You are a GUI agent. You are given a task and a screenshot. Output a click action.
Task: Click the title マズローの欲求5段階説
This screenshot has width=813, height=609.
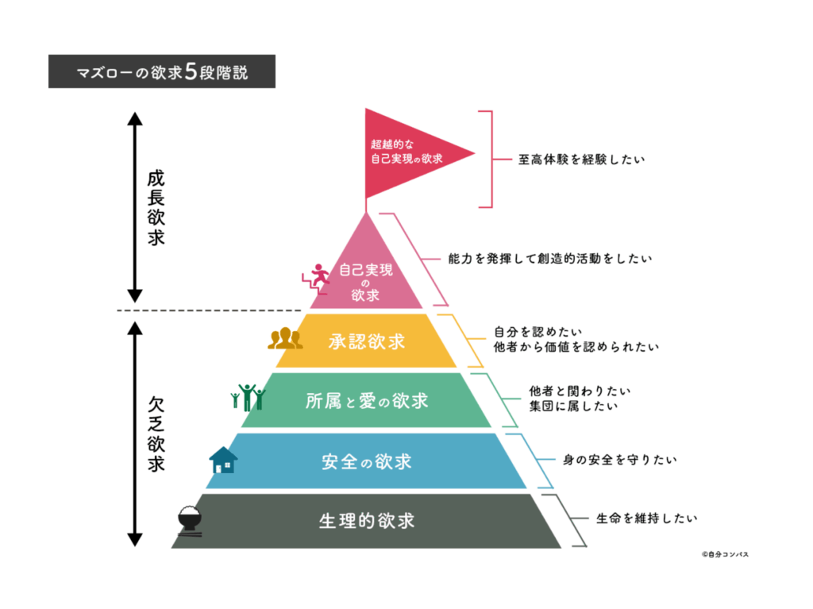point(162,71)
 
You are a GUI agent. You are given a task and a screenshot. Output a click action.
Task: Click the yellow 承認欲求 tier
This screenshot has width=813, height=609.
point(367,341)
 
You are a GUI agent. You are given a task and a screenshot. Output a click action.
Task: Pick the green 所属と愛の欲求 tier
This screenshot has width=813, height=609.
point(367,401)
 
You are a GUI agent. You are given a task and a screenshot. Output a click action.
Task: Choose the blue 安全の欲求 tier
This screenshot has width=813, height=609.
point(367,461)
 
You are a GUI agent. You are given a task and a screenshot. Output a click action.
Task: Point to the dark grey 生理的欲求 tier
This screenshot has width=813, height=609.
point(367,521)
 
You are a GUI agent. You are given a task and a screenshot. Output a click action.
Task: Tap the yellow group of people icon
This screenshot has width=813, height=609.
point(284,339)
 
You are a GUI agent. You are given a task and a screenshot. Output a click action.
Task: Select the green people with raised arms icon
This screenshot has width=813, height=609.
point(247,397)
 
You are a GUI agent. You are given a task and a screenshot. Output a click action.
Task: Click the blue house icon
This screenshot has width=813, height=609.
point(224,460)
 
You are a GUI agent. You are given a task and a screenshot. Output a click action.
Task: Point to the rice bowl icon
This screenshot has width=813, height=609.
point(191,522)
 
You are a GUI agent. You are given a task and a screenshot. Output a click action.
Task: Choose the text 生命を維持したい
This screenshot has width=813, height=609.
point(646,519)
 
